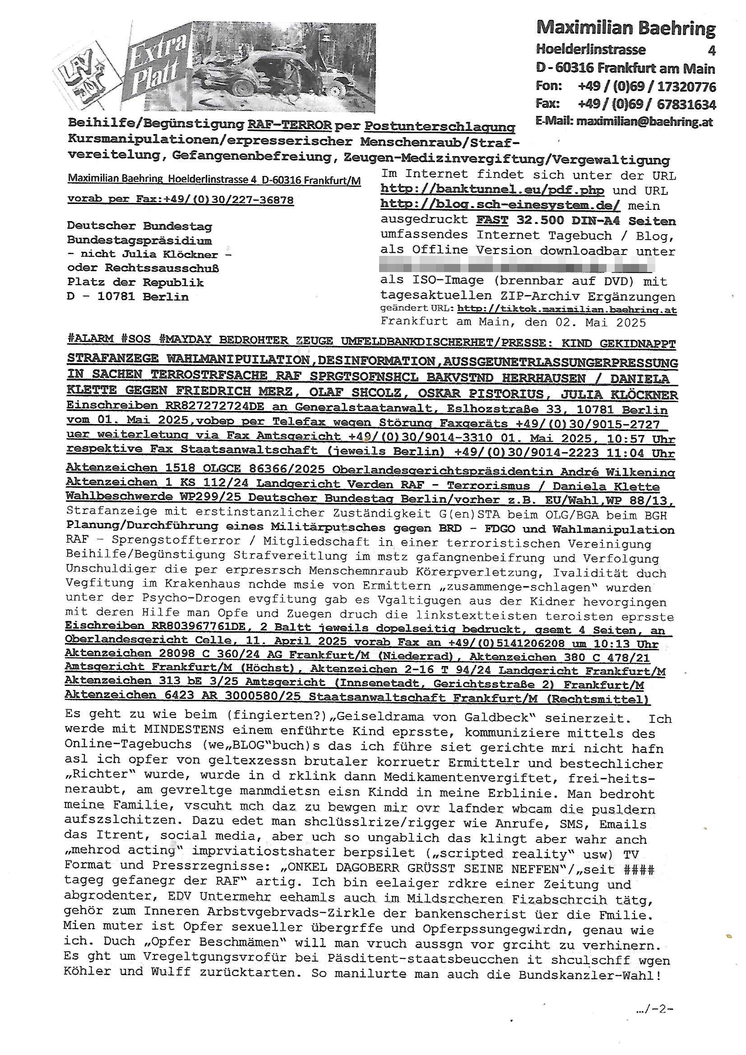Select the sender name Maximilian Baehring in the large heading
(x=626, y=28)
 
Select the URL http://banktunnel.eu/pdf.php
(x=492, y=190)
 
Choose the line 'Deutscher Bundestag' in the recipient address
(x=140, y=226)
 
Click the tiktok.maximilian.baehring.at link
(x=567, y=310)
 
